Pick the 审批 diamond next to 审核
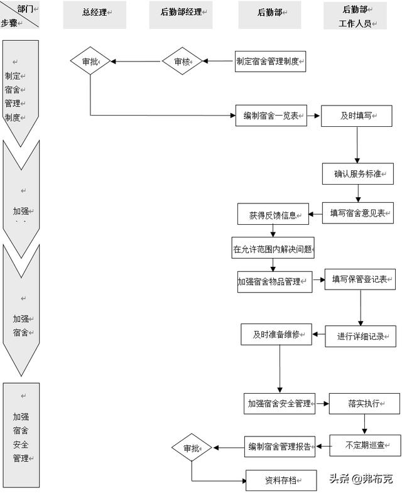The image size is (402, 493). (90, 62)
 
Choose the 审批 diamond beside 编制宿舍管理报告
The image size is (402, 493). (192, 448)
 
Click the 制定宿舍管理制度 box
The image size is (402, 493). (269, 62)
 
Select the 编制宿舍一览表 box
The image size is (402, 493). (271, 116)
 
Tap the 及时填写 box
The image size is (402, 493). (357, 116)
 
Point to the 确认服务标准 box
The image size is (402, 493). (357, 173)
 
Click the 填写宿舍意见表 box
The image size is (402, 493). (357, 213)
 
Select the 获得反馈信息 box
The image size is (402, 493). (273, 215)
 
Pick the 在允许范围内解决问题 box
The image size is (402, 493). (273, 248)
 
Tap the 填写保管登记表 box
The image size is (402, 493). (360, 279)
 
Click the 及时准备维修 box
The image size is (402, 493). (276, 334)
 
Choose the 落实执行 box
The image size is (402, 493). (364, 403)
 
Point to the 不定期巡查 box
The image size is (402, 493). (365, 445)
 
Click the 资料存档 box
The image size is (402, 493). (281, 480)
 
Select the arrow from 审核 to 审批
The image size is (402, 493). (136, 62)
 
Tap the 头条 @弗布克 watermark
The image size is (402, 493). (361, 479)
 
